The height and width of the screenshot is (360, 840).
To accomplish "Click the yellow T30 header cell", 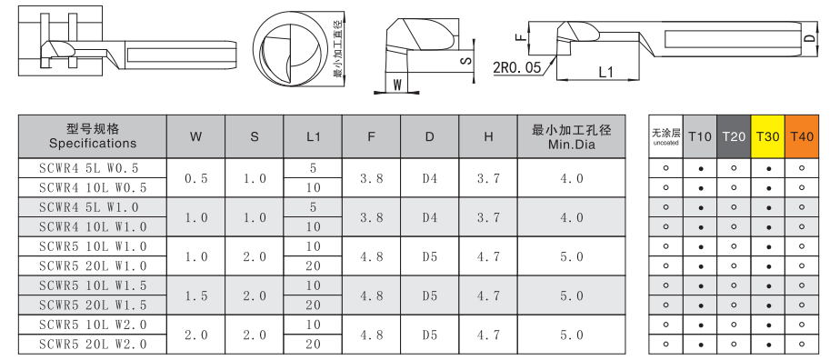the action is [767, 136].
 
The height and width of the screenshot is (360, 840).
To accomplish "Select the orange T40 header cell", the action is [802, 136].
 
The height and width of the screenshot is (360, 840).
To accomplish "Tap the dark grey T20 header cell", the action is [734, 136].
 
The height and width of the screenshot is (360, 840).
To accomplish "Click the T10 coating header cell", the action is [700, 136].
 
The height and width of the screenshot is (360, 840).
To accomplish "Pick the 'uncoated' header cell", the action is [665, 136].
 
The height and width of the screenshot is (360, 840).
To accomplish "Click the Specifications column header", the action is [93, 136].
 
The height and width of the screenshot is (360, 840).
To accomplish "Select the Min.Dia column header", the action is [571, 136].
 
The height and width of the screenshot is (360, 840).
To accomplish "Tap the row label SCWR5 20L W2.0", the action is [93, 345].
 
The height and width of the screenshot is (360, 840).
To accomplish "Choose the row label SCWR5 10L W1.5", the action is [93, 285].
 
